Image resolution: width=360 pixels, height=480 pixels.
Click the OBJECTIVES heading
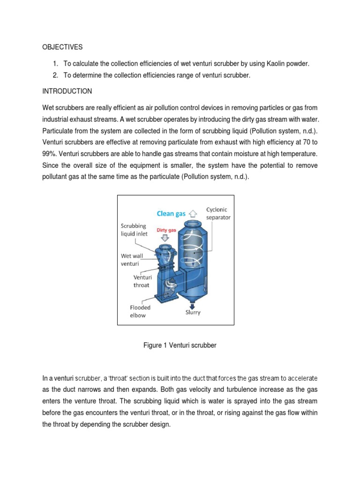(x=62, y=47)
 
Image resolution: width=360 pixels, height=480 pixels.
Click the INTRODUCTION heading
(x=67, y=91)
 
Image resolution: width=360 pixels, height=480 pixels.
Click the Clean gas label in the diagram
(x=171, y=214)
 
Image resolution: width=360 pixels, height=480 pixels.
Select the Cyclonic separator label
(x=218, y=214)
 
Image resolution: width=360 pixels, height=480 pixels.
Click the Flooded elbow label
(x=140, y=311)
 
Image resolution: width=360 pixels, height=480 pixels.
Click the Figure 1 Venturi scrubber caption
(x=180, y=345)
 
